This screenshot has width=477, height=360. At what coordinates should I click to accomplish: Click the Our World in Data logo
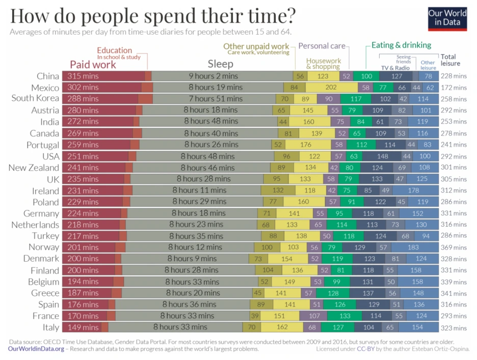447,18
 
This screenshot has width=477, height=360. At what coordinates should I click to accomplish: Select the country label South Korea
35,98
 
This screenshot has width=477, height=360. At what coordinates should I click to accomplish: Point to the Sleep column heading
220,64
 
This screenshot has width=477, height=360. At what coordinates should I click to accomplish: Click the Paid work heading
93,65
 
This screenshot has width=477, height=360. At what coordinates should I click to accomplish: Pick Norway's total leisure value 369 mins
453,247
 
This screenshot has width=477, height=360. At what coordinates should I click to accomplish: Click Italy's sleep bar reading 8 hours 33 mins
180,327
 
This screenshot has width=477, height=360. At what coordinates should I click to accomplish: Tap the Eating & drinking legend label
401,45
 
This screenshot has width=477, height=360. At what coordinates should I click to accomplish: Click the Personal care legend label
321,46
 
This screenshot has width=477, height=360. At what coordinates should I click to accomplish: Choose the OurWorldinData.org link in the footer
36,349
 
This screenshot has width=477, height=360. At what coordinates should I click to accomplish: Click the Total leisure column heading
450,60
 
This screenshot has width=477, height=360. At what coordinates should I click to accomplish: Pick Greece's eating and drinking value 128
333,293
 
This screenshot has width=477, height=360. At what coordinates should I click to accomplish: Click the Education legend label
115,50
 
